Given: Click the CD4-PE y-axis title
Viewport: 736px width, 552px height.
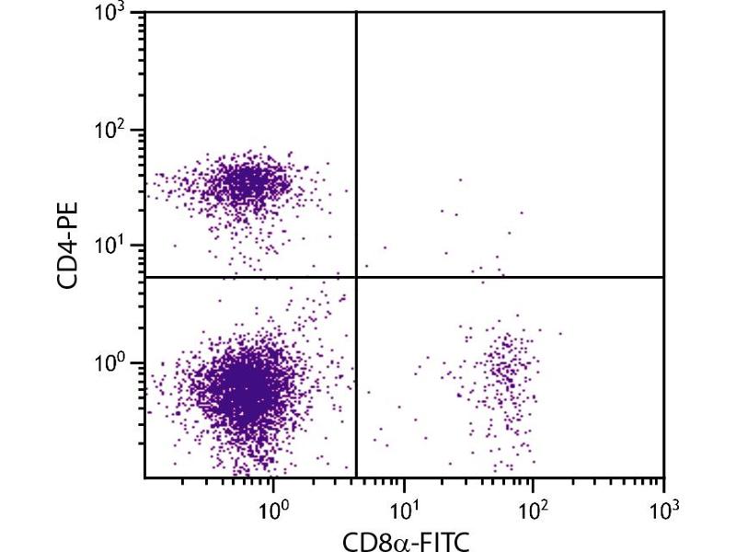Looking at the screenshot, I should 68,246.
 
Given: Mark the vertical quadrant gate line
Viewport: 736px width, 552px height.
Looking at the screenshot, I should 356,138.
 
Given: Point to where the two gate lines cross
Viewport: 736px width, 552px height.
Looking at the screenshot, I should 356,277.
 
